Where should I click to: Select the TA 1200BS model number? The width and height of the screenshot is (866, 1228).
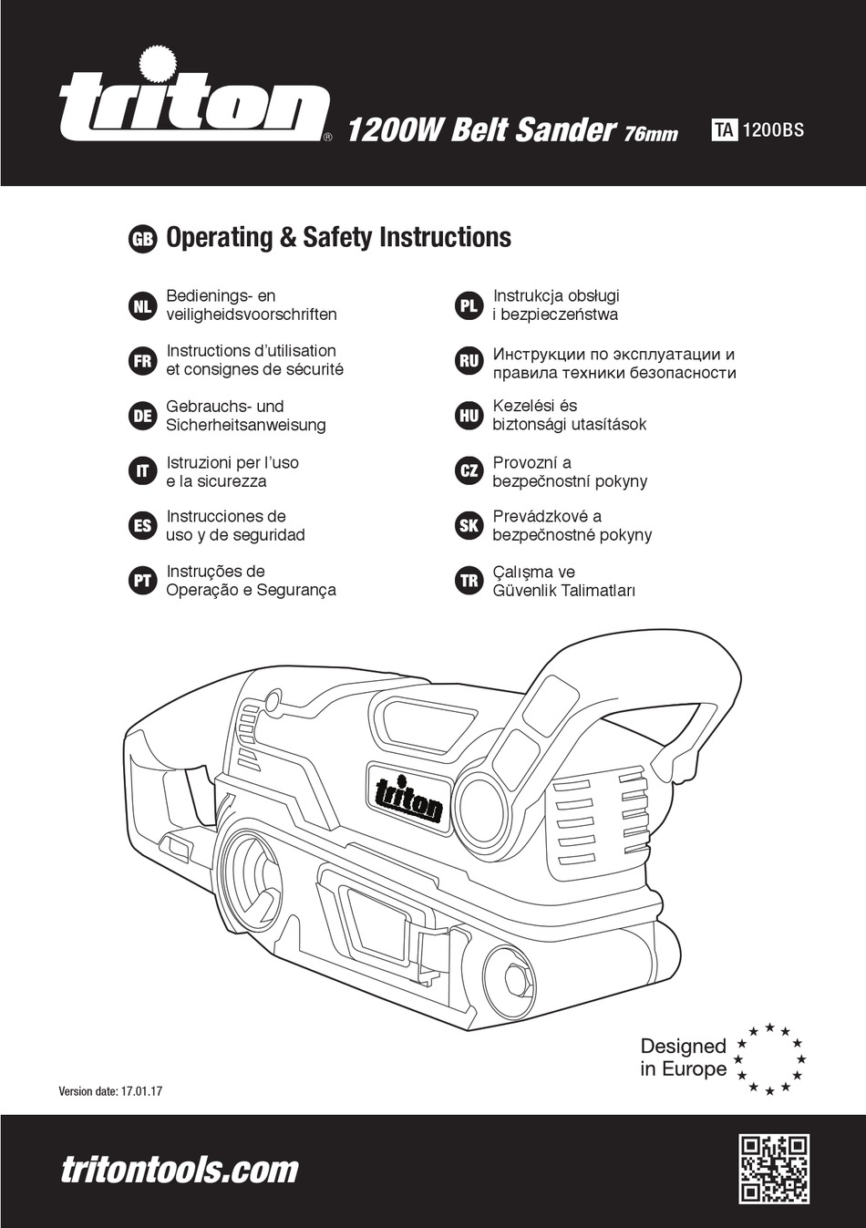click(x=758, y=129)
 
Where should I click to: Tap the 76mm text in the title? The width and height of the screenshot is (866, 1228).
click(x=651, y=133)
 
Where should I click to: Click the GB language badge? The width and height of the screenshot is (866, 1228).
click(x=142, y=239)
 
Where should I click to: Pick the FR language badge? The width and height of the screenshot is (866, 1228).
click(x=142, y=361)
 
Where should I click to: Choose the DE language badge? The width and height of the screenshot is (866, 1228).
click(x=142, y=416)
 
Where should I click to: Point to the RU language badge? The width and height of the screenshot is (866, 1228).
click(x=469, y=361)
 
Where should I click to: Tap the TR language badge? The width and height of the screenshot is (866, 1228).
click(x=469, y=581)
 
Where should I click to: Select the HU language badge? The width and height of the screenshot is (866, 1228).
click(x=469, y=416)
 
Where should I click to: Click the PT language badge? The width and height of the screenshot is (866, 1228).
click(x=142, y=581)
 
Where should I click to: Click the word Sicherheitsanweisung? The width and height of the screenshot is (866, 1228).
click(x=245, y=425)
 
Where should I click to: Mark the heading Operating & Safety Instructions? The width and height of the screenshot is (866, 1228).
click(x=338, y=238)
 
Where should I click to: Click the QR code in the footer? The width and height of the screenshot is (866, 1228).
click(x=774, y=1169)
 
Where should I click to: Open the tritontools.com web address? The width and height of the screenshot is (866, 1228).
click(x=180, y=1170)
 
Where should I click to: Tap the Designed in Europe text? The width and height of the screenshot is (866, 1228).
click(x=683, y=1058)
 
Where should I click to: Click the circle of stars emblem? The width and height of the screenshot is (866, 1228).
click(x=771, y=1058)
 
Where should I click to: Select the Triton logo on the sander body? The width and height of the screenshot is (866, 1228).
click(x=409, y=793)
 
